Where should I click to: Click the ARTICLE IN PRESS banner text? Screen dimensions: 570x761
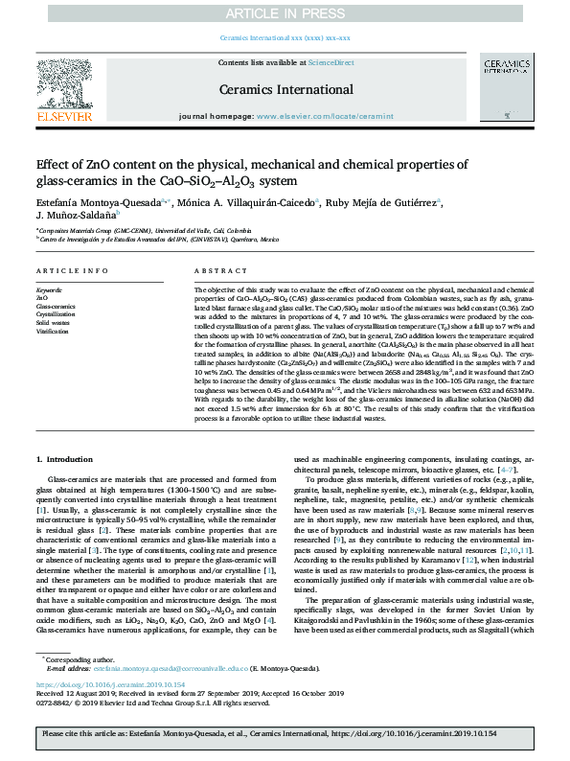(285, 12)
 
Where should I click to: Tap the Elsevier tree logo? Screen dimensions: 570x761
(65, 91)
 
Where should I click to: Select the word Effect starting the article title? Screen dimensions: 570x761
(51, 165)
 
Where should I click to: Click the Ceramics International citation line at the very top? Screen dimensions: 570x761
(285, 37)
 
